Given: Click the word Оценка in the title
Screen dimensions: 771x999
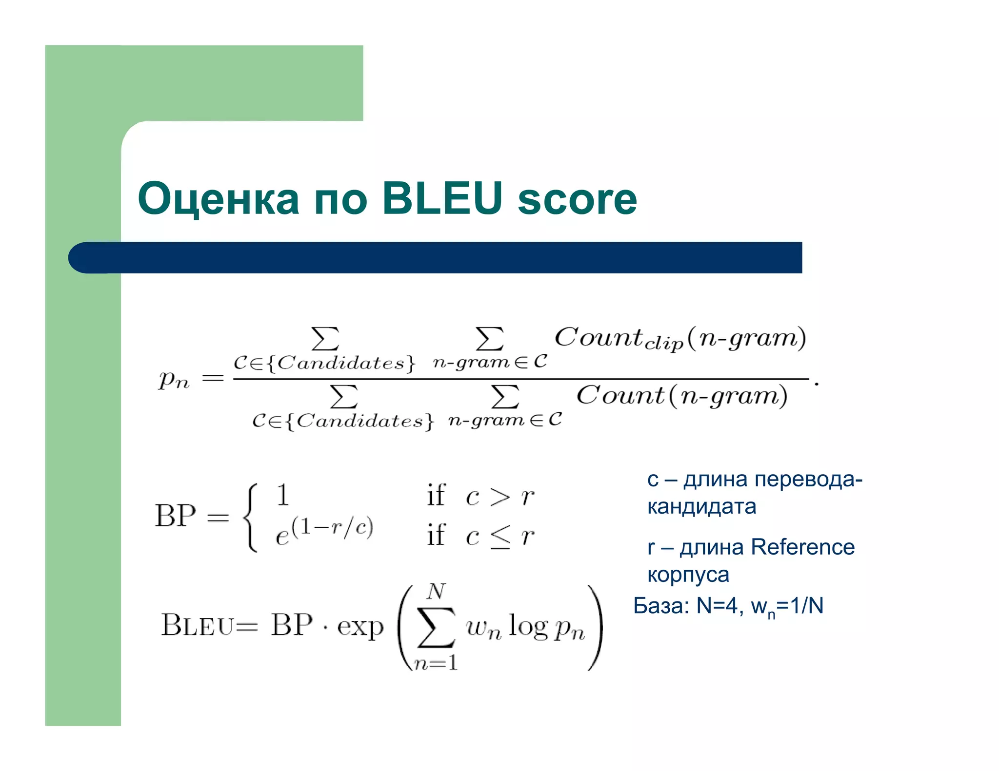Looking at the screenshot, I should click(218, 198).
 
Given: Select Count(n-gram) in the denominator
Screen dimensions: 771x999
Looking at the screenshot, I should click(681, 396).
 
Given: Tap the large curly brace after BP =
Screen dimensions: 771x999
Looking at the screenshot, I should click(250, 517).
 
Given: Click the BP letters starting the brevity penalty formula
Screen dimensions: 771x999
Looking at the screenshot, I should click(175, 516).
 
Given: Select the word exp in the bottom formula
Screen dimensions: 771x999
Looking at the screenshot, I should click(360, 626).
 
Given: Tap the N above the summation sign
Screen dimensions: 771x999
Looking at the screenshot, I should click(435, 592).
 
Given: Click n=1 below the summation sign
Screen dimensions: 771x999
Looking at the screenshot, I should click(435, 663).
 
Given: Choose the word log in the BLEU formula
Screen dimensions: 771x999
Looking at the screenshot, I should click(528, 626).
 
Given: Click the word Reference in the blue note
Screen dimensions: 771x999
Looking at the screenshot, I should click(802, 547).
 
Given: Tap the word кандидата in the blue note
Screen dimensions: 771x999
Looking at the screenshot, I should click(701, 507).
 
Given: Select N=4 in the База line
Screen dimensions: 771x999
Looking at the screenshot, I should click(716, 606).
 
